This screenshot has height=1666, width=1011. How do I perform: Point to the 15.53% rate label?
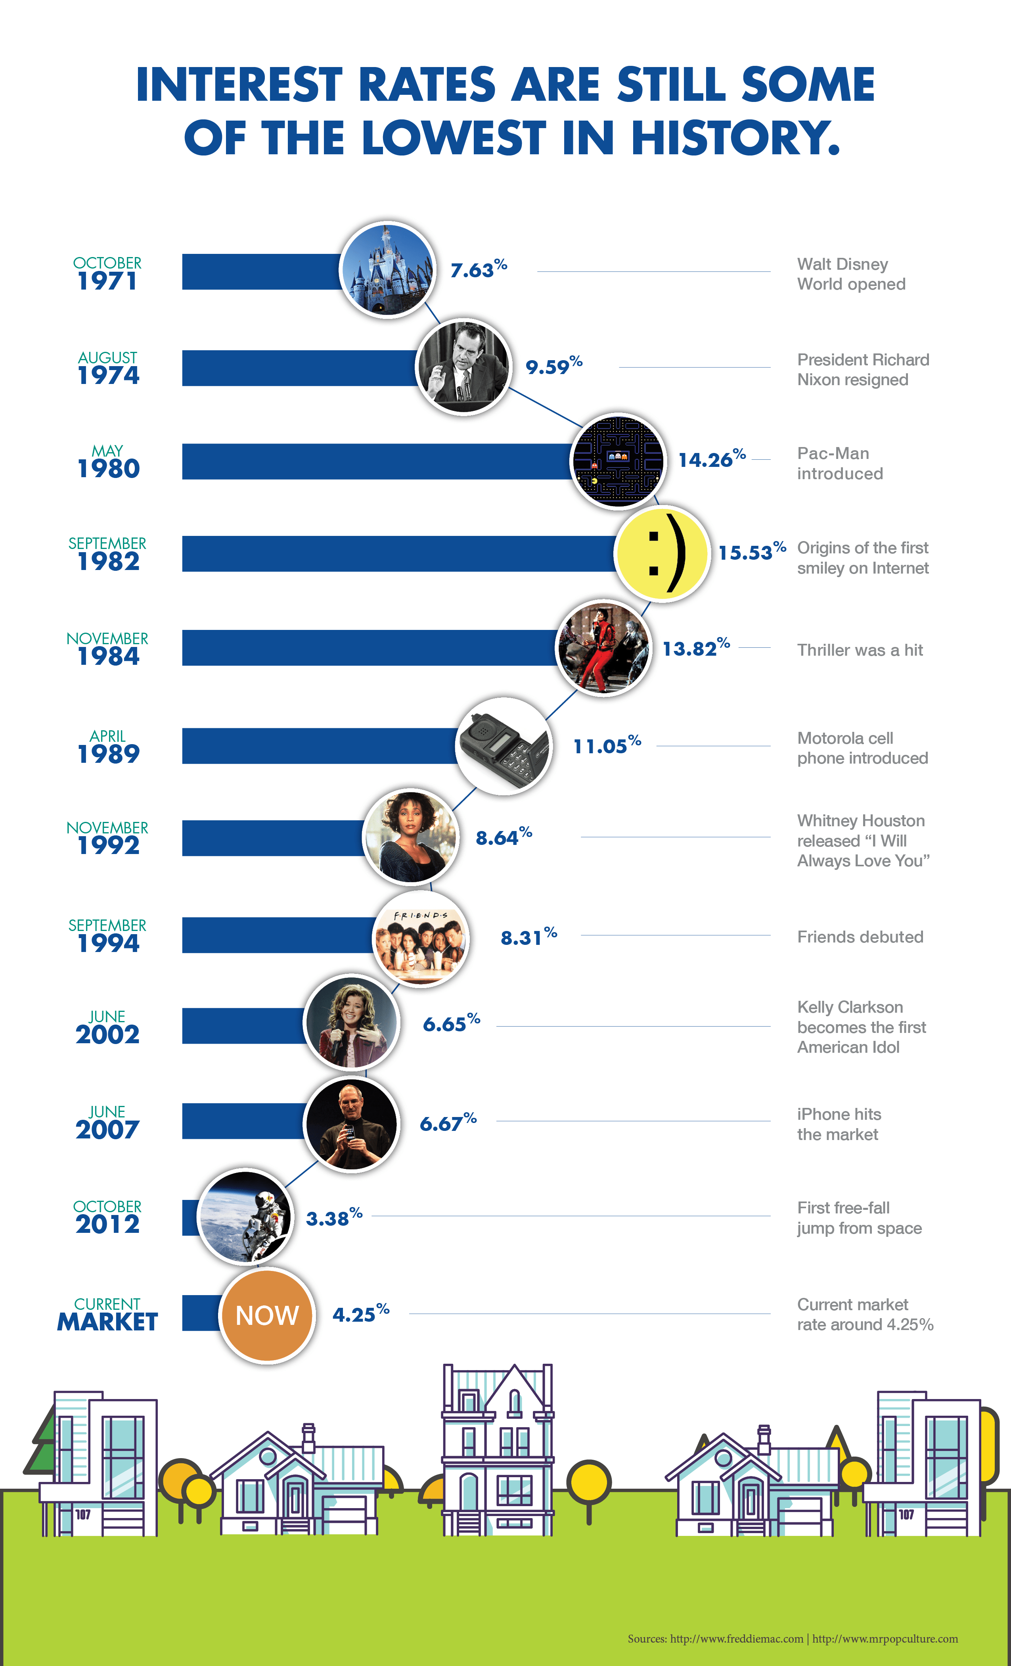(751, 552)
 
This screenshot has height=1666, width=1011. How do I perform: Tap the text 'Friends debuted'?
(860, 937)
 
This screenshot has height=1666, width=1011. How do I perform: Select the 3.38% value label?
(334, 1218)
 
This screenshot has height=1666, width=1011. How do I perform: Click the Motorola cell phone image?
(504, 747)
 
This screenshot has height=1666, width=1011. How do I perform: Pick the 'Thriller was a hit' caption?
(860, 650)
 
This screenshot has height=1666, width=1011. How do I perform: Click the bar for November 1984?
(368, 648)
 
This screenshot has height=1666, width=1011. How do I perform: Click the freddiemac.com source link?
(737, 1638)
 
